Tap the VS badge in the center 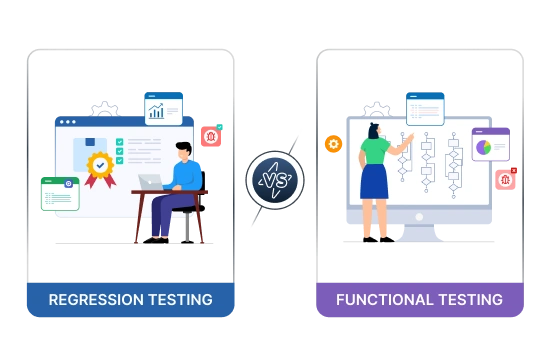(x=274, y=180)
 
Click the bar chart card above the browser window (x=163, y=108)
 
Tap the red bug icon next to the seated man (x=210, y=137)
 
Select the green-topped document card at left (x=60, y=193)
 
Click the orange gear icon (x=333, y=144)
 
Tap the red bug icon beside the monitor (x=506, y=179)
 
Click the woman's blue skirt (x=374, y=182)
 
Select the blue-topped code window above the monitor (x=425, y=108)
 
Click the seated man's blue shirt (x=187, y=177)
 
